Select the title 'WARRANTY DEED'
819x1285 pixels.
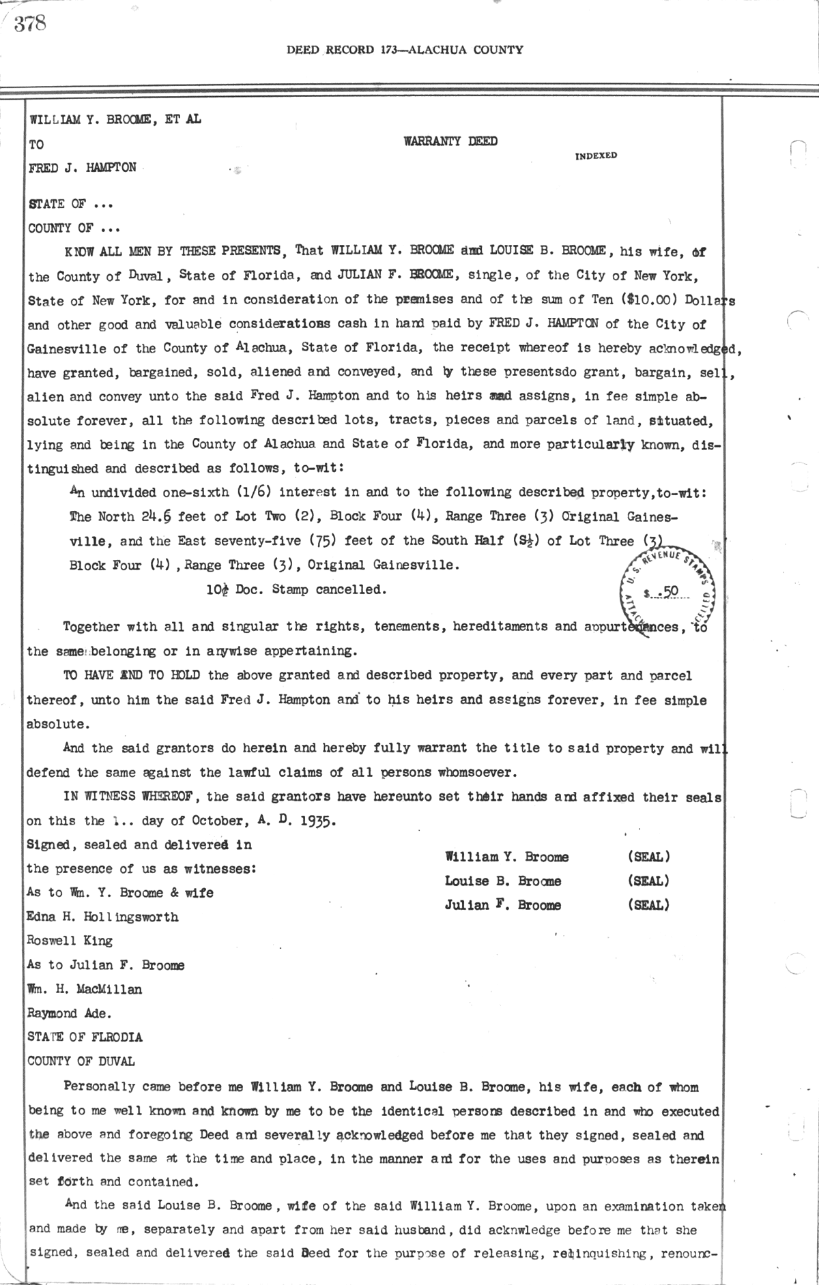[x=450, y=142]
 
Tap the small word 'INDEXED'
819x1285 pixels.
[x=596, y=156]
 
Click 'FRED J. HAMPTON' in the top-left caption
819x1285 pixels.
[x=83, y=168]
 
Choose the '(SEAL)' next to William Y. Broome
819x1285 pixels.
[x=648, y=857]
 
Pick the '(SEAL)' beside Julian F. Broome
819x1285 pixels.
[x=648, y=905]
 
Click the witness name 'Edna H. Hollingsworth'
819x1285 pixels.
[x=102, y=917]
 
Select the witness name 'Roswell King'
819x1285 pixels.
[x=70, y=941]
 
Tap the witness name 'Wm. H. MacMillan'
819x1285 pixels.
[x=85, y=989]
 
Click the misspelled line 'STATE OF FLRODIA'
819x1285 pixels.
[x=85, y=1037]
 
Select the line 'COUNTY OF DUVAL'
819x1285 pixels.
[x=81, y=1061]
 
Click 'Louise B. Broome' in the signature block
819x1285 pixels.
[x=503, y=881]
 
